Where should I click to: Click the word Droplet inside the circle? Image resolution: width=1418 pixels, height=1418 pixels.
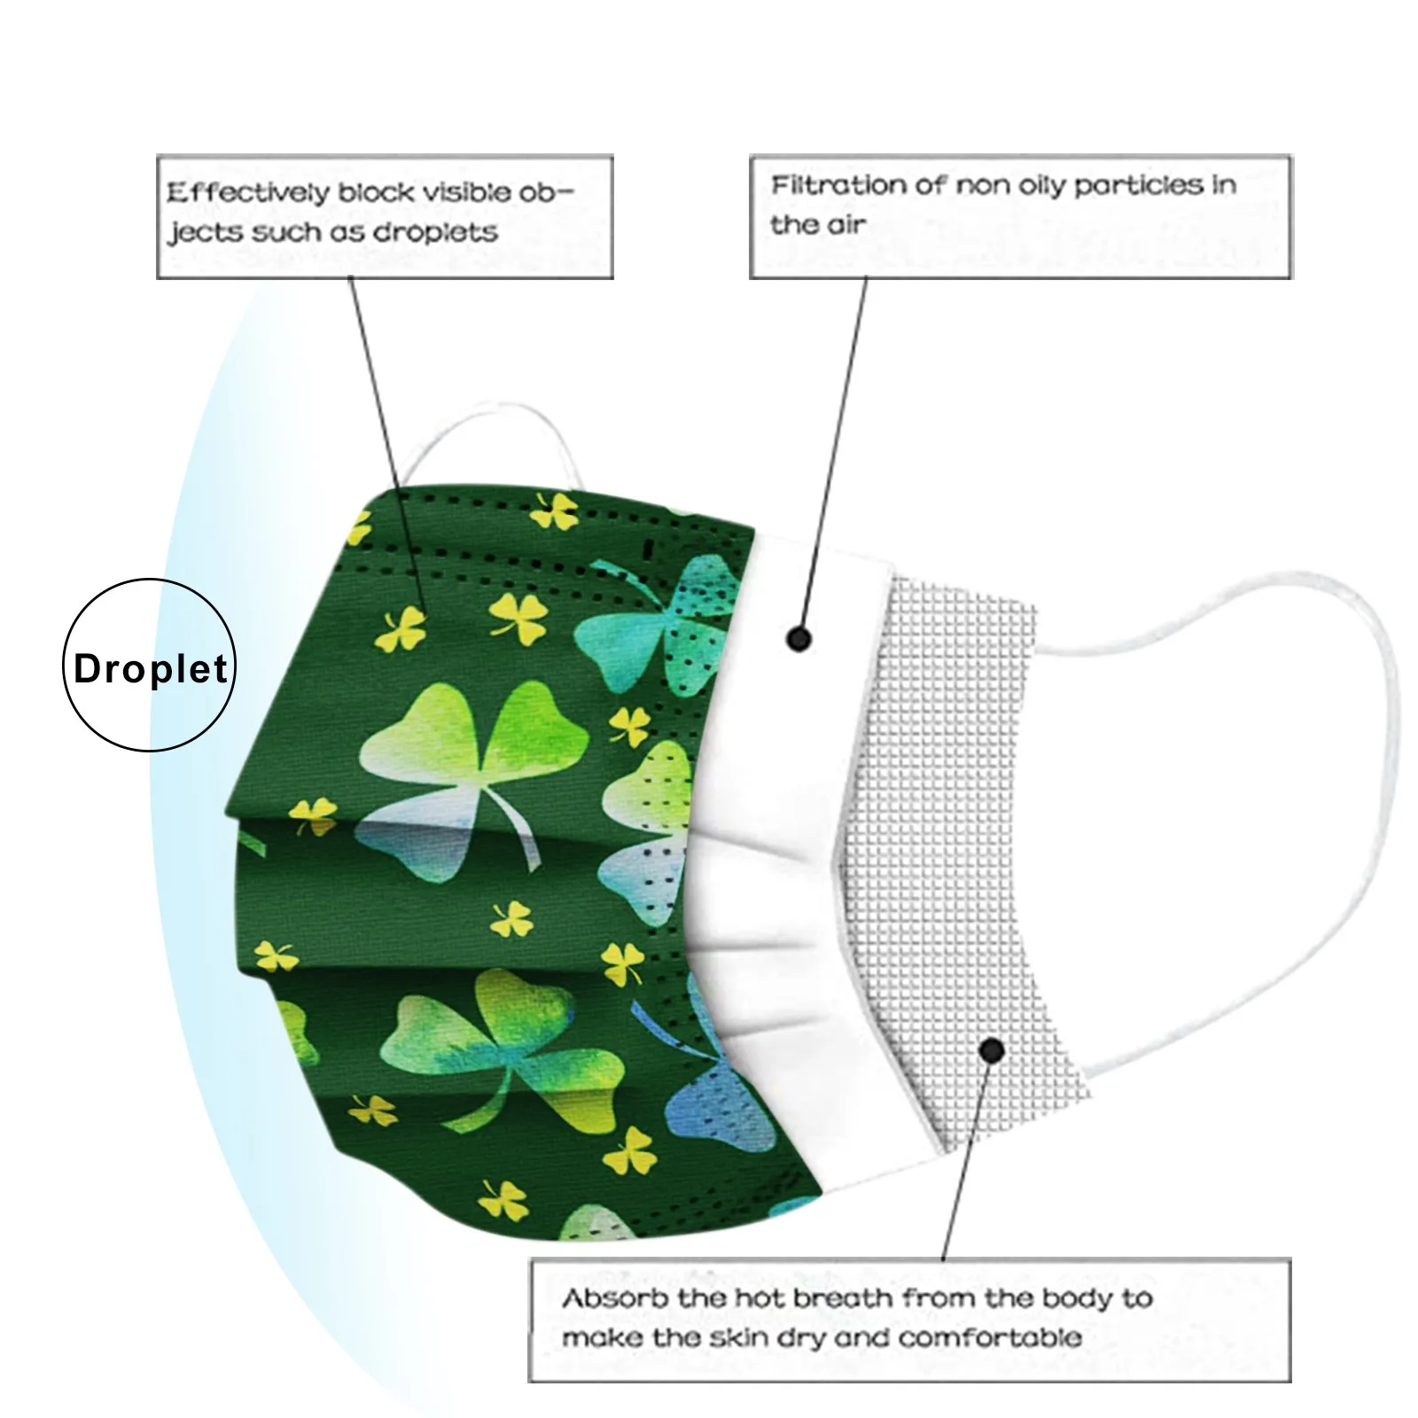tap(151, 669)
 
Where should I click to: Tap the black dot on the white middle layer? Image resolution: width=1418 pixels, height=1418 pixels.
tap(799, 638)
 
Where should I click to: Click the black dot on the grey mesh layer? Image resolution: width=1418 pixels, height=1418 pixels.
tap(993, 1051)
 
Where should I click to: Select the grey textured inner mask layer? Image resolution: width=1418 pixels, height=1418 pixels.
tap(957, 798)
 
